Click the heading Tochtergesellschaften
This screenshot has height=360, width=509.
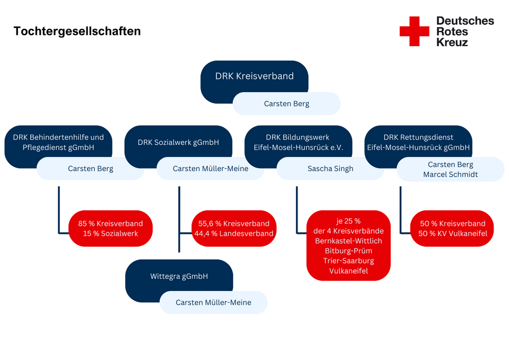pos(77,31)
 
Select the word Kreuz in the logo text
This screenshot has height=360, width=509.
pos(452,42)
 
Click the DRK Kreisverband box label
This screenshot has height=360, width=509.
pos(254,76)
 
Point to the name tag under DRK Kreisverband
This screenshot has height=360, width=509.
pos(286,103)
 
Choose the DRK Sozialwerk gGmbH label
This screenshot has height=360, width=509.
pos(178,142)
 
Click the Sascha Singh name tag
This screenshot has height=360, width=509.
pos(330,169)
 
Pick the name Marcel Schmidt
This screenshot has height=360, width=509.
pos(451,174)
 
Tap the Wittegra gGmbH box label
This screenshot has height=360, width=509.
pos(179,276)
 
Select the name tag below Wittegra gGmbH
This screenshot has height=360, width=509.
pos(213,302)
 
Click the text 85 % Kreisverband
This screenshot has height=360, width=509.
pos(110,223)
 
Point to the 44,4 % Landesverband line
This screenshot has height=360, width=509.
pos(234,233)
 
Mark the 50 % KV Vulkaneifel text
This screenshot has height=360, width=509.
pos(452,233)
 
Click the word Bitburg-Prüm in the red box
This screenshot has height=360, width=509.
pos(348,251)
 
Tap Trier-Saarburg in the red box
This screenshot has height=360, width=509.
pos(348,261)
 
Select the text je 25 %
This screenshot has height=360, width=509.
pos(348,221)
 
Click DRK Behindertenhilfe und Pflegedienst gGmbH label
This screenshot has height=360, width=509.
pos(58,142)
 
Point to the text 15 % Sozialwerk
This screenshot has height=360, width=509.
pos(110,233)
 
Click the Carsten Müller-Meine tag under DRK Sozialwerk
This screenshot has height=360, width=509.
pos(210,169)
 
